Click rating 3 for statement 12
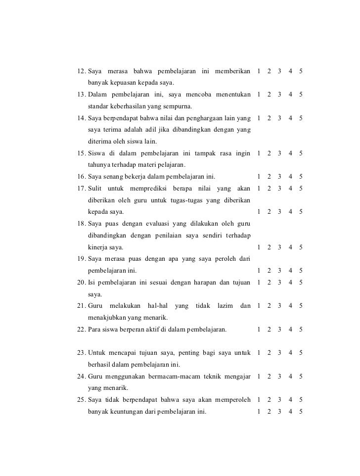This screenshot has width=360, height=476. [280, 71]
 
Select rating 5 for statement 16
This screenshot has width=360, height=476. [301, 177]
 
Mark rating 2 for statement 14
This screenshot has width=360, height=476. [269, 118]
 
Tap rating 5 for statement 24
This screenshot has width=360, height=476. [301, 376]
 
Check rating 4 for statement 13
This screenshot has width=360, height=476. [291, 95]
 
